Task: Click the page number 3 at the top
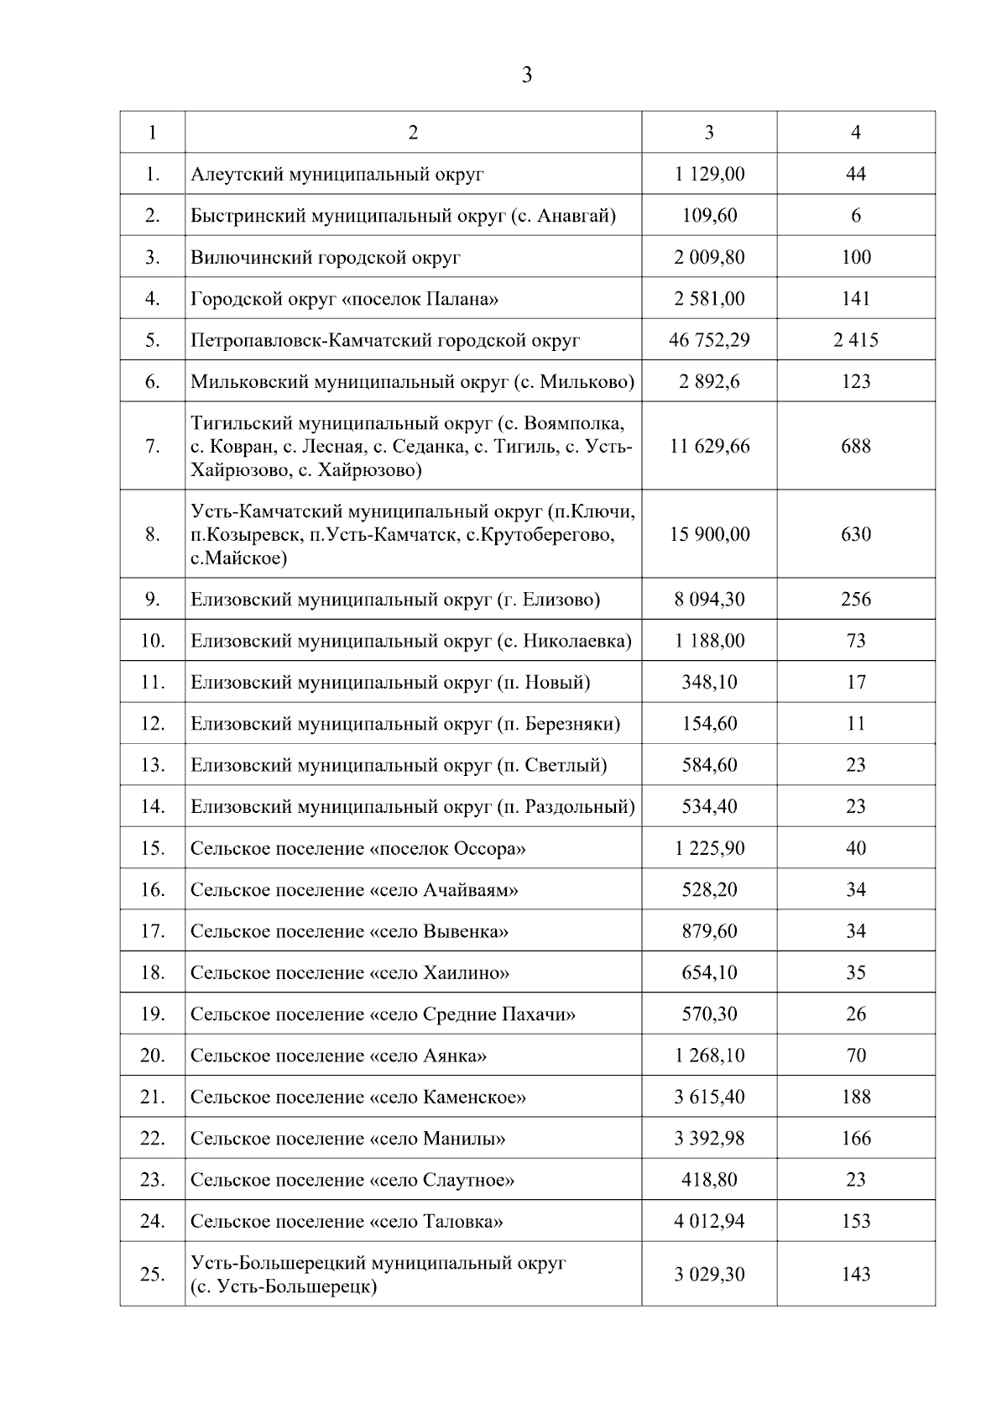(526, 76)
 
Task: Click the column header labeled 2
(413, 133)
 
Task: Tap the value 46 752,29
(709, 340)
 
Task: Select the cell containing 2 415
(855, 340)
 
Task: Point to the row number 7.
(152, 446)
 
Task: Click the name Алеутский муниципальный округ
(337, 175)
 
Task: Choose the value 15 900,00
(709, 534)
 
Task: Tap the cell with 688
(855, 446)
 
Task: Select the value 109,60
(709, 216)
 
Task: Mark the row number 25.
(152, 1274)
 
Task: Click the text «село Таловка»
(436, 1222)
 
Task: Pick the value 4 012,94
(709, 1221)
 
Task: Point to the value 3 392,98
(709, 1139)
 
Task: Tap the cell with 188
(855, 1097)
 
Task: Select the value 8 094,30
(709, 600)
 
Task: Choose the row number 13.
(152, 765)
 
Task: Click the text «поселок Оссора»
(447, 848)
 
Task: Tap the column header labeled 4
(855, 133)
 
